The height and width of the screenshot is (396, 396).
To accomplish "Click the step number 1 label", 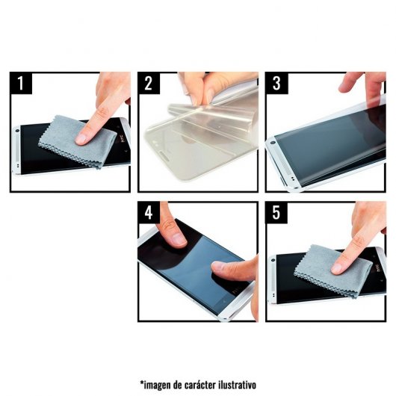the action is pos(21,83).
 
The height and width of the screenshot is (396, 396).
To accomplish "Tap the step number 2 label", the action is pos(149,83).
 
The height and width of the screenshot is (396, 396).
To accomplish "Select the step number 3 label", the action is pos(276,83).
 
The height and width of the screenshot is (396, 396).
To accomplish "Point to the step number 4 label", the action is pos(149,212).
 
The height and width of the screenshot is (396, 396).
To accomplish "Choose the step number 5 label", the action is pos(276,212).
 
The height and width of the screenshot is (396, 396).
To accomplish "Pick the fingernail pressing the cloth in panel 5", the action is pos(337,269).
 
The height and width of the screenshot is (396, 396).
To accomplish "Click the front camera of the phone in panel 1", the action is pos(17,131).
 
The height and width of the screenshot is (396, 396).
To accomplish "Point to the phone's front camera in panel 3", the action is pos(273,143).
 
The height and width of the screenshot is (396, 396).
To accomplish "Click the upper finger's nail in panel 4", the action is pos(179,238).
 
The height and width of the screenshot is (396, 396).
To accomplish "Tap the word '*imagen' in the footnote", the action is pos(155,386).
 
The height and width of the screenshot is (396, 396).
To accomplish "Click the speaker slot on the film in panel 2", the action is pos(165,155).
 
